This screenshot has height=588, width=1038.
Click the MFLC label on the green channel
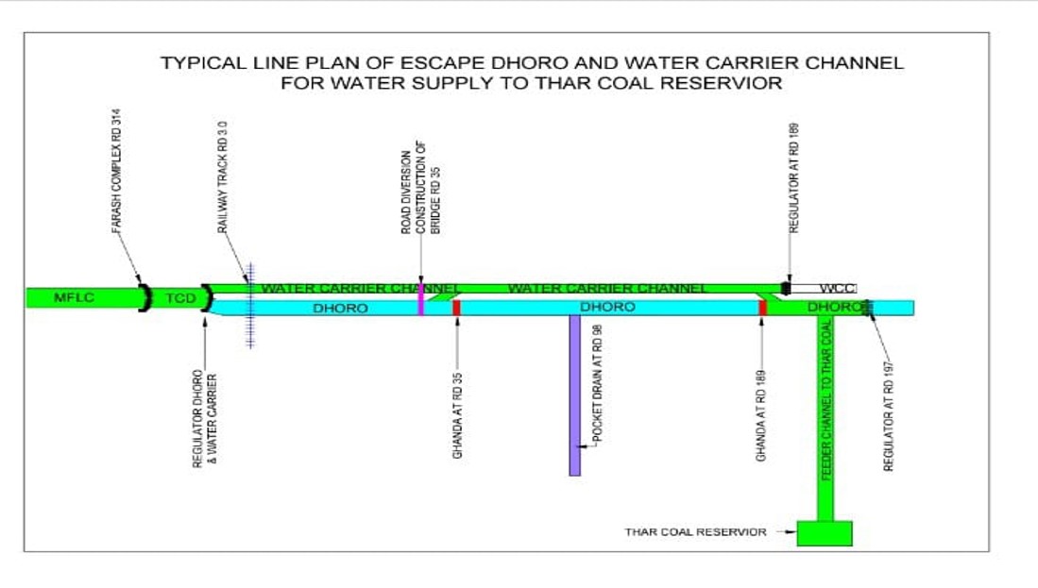[x=70, y=298]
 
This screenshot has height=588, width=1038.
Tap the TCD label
[x=179, y=298]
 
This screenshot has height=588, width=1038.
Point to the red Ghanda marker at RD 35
[x=456, y=308]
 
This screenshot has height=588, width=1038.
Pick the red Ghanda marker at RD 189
[x=762, y=308]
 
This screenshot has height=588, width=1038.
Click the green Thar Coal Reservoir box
[x=825, y=533]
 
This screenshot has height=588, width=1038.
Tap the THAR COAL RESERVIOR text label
[x=695, y=532]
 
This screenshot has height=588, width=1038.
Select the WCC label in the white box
[x=838, y=288]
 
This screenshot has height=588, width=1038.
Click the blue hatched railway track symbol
[x=249, y=305]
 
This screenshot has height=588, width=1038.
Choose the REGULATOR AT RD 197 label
[x=888, y=406]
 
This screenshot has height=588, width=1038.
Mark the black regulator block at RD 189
[x=785, y=287]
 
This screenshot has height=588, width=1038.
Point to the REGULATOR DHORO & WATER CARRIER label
[x=205, y=420]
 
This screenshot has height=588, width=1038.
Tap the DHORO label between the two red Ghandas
[x=607, y=308]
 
